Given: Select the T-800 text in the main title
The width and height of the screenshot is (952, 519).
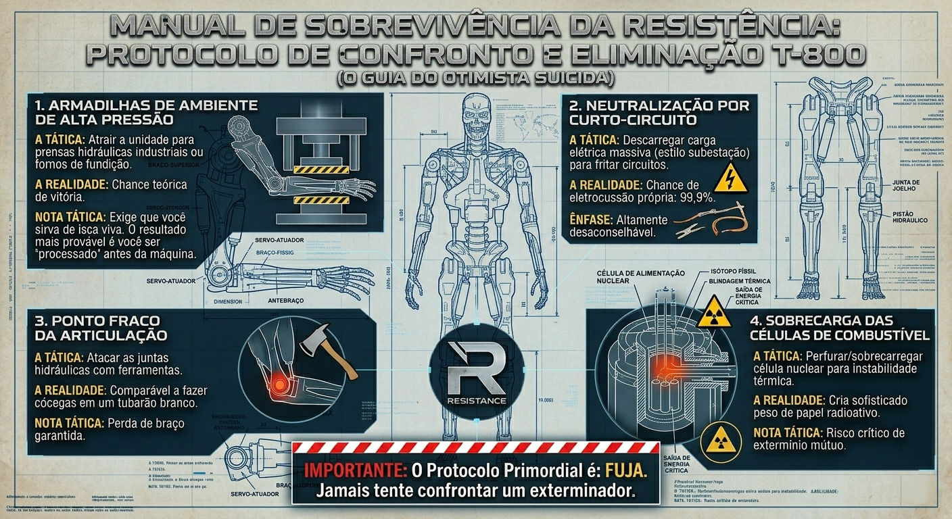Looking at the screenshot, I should click(822, 54).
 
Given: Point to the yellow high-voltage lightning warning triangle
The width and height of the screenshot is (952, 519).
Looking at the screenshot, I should click(730, 178).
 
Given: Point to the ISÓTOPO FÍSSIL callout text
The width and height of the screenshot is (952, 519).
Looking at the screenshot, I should click(734, 272).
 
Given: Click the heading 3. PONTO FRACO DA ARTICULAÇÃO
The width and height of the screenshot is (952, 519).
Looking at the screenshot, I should click(101, 327).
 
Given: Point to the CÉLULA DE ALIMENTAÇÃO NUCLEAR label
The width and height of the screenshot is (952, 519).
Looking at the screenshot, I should click(640, 276).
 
